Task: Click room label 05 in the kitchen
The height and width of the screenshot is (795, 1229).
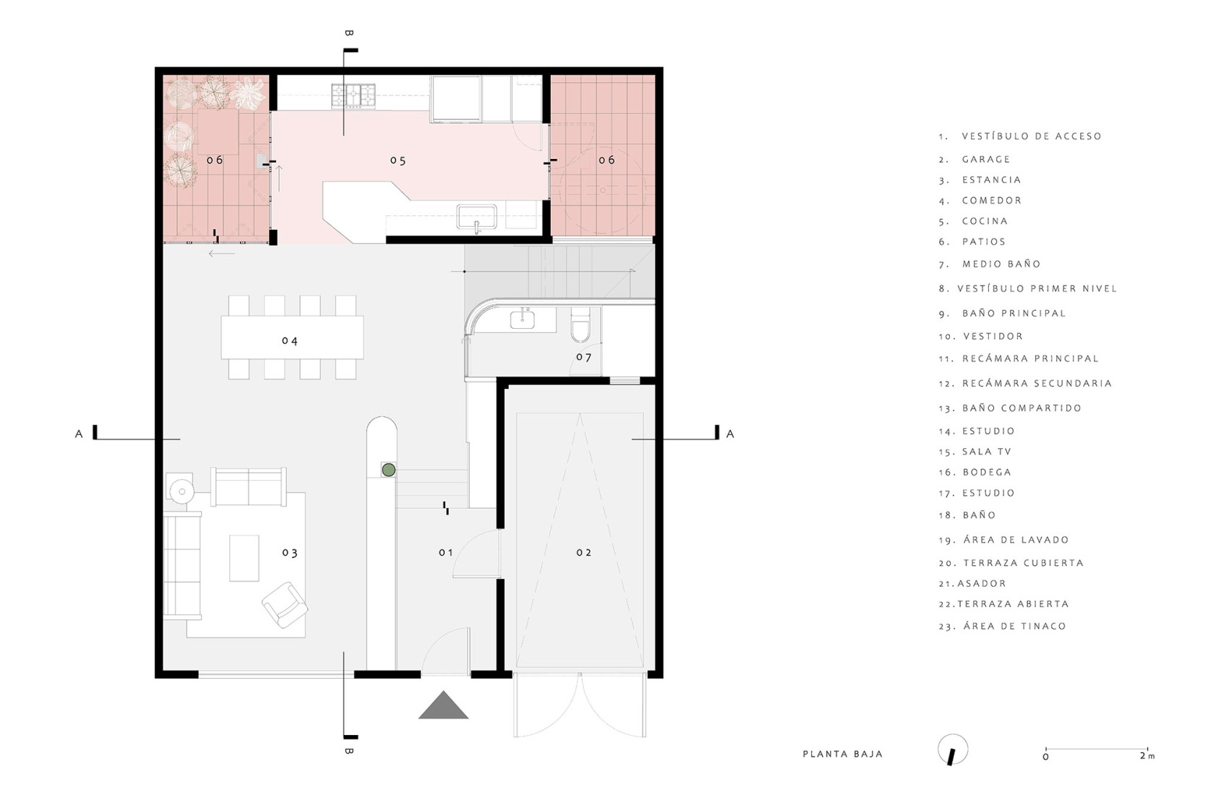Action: pyautogui.click(x=398, y=160)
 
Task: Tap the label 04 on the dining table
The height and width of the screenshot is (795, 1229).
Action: pyautogui.click(x=290, y=340)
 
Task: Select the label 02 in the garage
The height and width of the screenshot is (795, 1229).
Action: pyautogui.click(x=583, y=553)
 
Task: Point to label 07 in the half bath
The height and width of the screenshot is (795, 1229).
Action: pyautogui.click(x=583, y=357)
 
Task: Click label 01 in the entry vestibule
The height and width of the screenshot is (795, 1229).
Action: pyautogui.click(x=446, y=553)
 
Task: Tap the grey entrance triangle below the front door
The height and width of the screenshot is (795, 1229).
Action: pyautogui.click(x=443, y=707)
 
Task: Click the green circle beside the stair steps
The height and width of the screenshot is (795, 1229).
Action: pyautogui.click(x=388, y=470)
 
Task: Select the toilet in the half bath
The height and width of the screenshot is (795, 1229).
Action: pyautogui.click(x=581, y=326)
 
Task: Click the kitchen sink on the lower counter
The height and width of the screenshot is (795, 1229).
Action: pyautogui.click(x=476, y=216)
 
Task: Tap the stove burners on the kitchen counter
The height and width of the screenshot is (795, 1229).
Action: pyautogui.click(x=354, y=95)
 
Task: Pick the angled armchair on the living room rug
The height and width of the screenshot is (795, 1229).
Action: pyautogui.click(x=285, y=604)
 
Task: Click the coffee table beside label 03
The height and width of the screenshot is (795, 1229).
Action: pyautogui.click(x=244, y=558)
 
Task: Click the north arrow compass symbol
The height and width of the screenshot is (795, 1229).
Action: pyautogui.click(x=953, y=750)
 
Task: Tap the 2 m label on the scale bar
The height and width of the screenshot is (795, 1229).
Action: pyautogui.click(x=1147, y=756)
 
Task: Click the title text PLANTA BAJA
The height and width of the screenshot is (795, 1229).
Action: pyautogui.click(x=842, y=754)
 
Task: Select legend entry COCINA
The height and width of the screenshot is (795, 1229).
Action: pyautogui.click(x=985, y=221)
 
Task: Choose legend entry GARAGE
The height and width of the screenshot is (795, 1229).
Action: pyautogui.click(x=986, y=159)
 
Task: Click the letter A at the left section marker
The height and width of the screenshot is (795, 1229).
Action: pyautogui.click(x=79, y=434)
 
